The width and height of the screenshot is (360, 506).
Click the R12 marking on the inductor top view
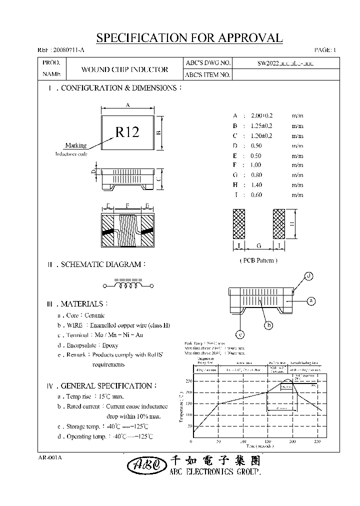coord(127,132)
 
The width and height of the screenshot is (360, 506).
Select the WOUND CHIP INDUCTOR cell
coord(124,69)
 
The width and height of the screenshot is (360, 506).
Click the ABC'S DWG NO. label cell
coord(208,63)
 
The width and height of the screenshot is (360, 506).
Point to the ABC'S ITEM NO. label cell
coord(208,75)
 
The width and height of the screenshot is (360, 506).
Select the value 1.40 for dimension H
coord(256,185)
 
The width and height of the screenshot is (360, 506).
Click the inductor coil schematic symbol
coord(128,286)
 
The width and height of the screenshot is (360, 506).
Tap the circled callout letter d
coord(309,276)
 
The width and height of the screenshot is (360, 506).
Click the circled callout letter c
coord(240,334)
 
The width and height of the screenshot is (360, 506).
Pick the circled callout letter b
coord(269,325)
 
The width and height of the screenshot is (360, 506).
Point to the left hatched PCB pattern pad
coord(239,223)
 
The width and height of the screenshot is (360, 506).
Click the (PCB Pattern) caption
coord(258,260)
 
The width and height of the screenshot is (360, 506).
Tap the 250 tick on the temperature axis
coord(188,381)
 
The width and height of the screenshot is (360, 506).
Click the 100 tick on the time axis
coord(243,442)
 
